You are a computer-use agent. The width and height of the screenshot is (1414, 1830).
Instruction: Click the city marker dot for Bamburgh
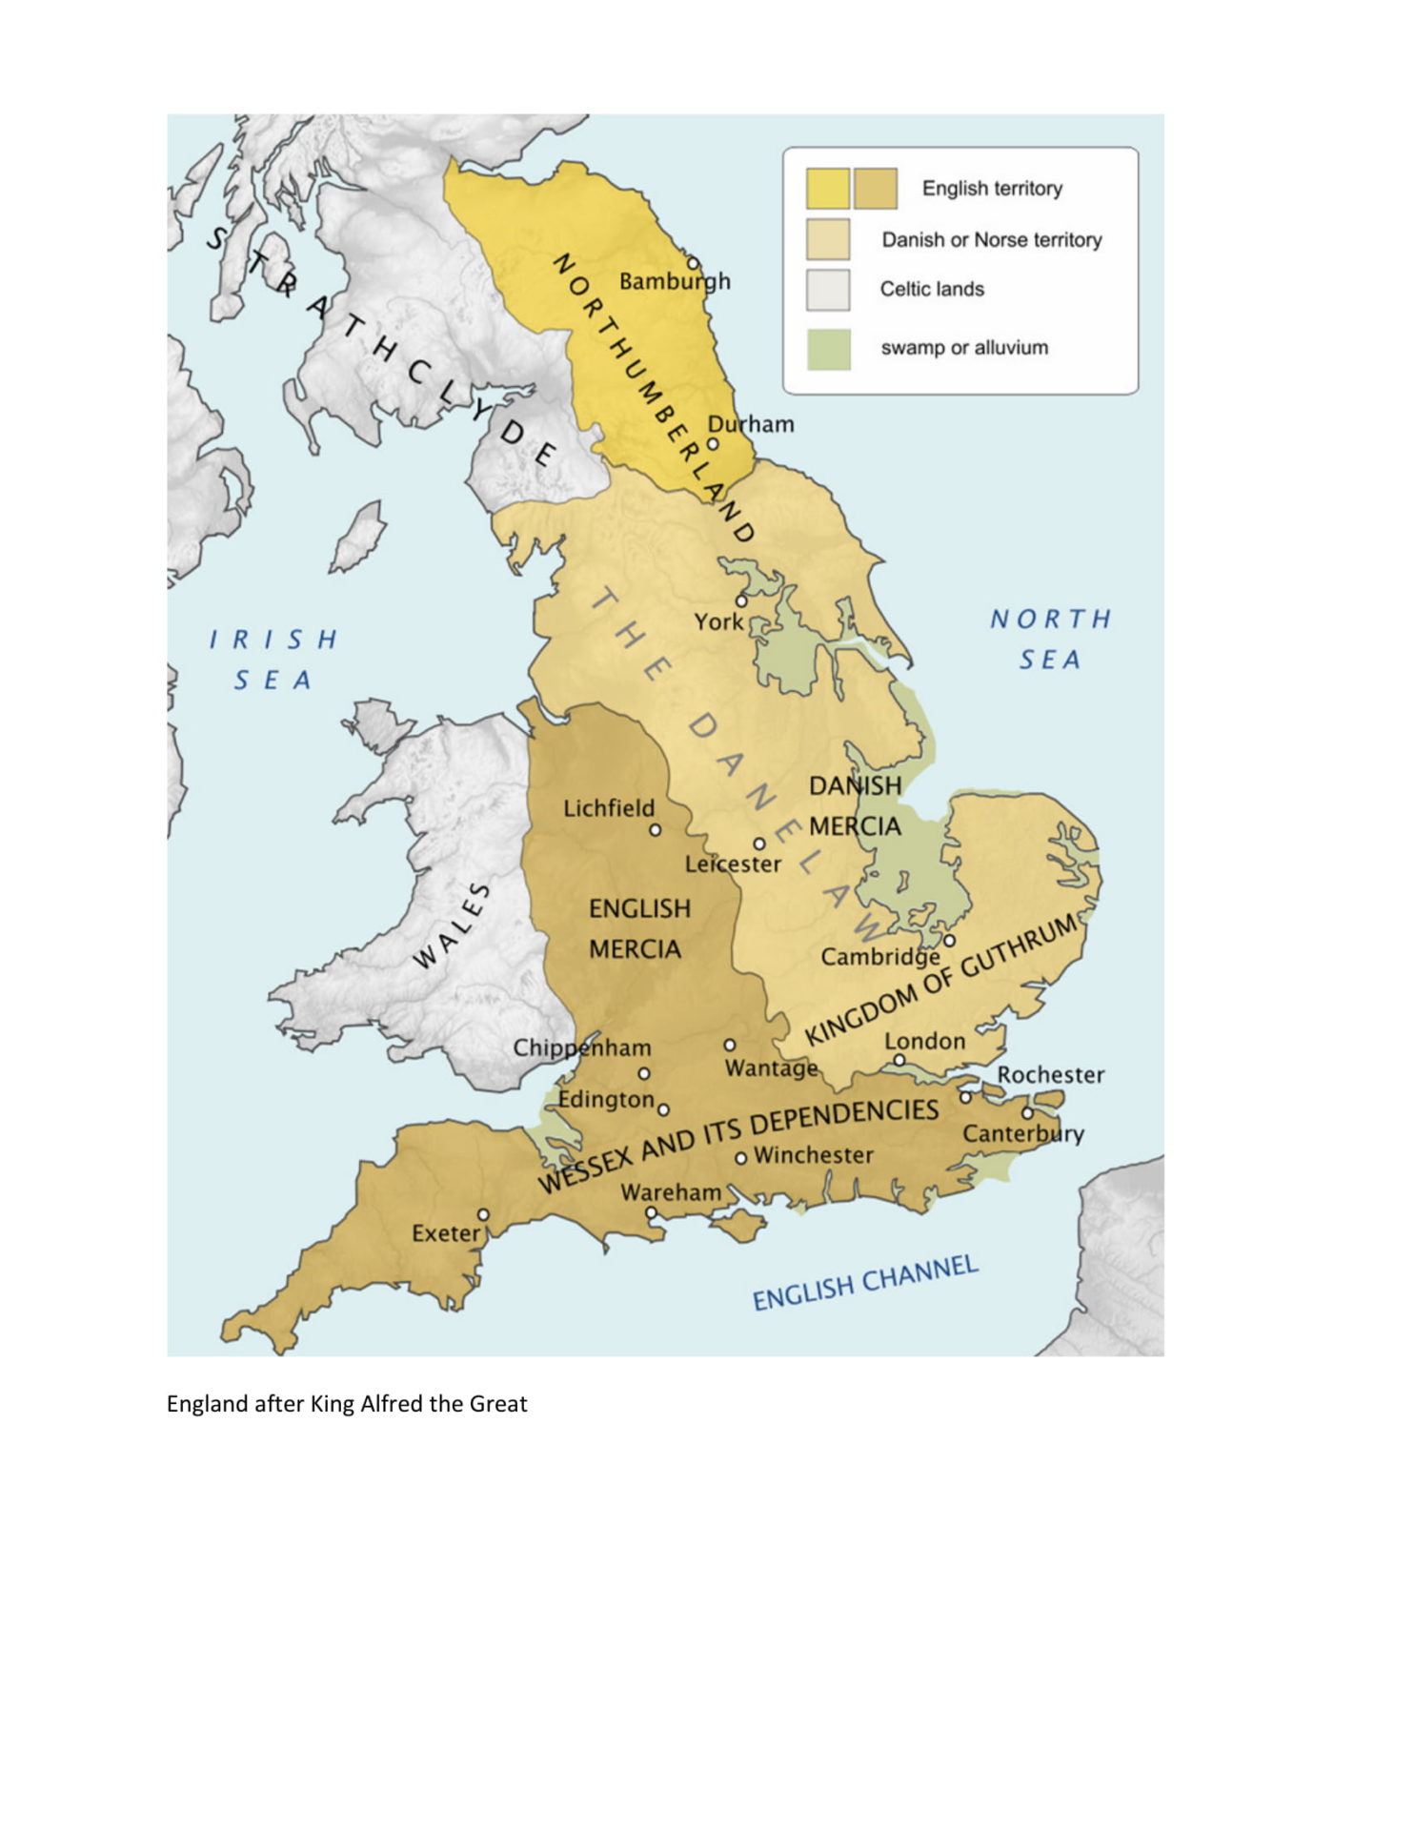[x=693, y=263]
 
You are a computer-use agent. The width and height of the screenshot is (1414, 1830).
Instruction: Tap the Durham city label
[x=750, y=424]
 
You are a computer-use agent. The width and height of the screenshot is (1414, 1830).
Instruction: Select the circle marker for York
[x=740, y=601]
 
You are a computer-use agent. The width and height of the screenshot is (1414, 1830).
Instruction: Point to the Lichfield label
[x=609, y=808]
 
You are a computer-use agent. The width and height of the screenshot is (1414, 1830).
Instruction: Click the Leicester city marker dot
[x=758, y=844]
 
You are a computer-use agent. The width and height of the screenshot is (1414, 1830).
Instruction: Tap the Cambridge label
[x=880, y=957]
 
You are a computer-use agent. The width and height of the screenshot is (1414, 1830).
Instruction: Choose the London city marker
[x=899, y=1060]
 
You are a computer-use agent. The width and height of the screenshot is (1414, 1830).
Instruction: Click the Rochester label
[x=1050, y=1075]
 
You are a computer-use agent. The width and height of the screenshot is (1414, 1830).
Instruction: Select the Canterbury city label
[x=1022, y=1134]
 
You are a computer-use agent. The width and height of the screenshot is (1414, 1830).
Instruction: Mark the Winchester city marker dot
[x=740, y=1159]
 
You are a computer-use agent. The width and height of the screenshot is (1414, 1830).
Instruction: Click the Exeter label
[x=445, y=1233]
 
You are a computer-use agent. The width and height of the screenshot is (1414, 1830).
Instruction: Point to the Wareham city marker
[x=651, y=1212]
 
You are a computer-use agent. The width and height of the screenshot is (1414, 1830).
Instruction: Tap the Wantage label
[x=771, y=1068]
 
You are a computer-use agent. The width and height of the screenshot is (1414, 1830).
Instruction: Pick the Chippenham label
[x=582, y=1048]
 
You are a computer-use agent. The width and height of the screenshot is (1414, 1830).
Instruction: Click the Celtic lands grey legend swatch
[x=827, y=290]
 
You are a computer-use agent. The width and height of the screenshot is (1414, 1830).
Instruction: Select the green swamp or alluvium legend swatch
[x=827, y=349]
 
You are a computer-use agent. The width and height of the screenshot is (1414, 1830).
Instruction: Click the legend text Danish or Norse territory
[x=991, y=240]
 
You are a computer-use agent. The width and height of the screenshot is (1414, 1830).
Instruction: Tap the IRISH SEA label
[x=273, y=660]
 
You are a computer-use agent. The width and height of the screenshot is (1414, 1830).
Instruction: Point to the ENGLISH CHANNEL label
[x=865, y=1283]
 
